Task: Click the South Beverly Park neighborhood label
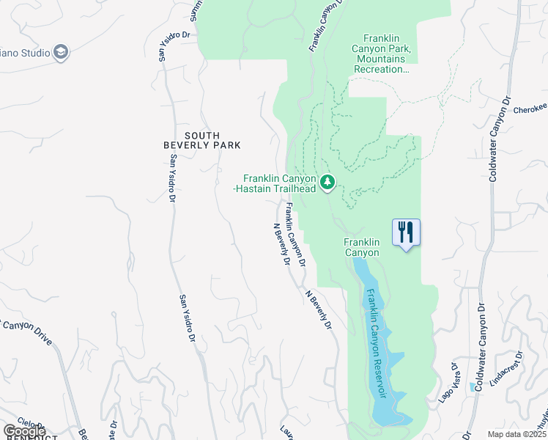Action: pos(212,140)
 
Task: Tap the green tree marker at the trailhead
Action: pos(327,181)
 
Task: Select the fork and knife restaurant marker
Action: pos(406,233)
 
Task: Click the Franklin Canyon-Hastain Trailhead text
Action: pos(280,183)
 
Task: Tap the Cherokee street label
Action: pos(530,107)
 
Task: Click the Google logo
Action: pos(24,431)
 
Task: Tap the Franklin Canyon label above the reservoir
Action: pos(362,247)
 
